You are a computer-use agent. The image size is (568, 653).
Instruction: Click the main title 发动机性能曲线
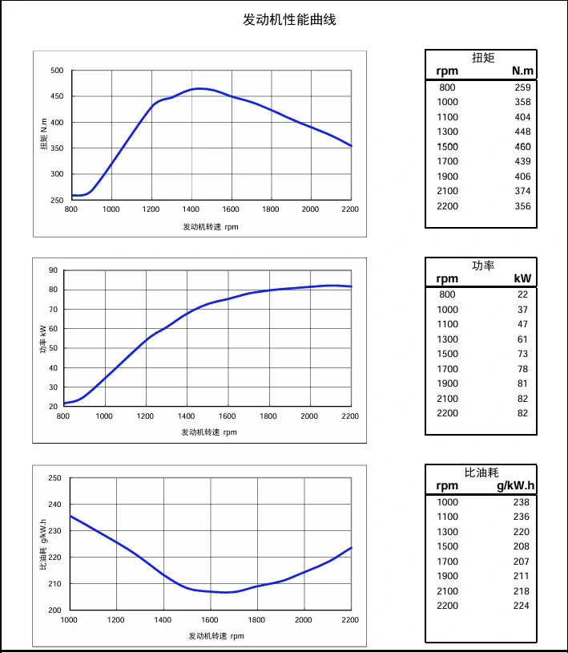pos(289,19)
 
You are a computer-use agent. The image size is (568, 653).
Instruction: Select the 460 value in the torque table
pos(522,147)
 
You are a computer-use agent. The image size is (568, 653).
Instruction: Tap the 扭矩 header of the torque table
pos(483,57)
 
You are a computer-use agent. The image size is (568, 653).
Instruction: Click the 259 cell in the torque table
pos(522,87)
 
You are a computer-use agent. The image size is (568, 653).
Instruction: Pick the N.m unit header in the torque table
pos(522,71)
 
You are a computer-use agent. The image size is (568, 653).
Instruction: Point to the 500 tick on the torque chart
pos(56,71)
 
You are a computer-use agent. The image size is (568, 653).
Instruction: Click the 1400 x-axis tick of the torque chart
pos(191,209)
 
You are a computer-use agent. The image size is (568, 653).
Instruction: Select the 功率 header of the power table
pos(483,265)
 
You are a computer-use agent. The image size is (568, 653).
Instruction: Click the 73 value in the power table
pos(522,354)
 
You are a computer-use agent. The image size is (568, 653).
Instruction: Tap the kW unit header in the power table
pos(522,279)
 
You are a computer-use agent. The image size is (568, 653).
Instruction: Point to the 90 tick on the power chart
pos(54,270)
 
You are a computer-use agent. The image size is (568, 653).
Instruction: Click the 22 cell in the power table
pos(522,294)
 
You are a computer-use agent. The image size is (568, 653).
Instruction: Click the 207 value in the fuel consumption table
pos(521,562)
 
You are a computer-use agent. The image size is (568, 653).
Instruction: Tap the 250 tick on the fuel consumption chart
pos(54,478)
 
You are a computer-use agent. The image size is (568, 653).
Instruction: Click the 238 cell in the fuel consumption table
pos(521,502)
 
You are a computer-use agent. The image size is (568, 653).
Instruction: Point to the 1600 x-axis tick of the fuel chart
pos(210,620)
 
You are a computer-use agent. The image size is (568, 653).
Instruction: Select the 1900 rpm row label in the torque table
pos(448,176)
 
